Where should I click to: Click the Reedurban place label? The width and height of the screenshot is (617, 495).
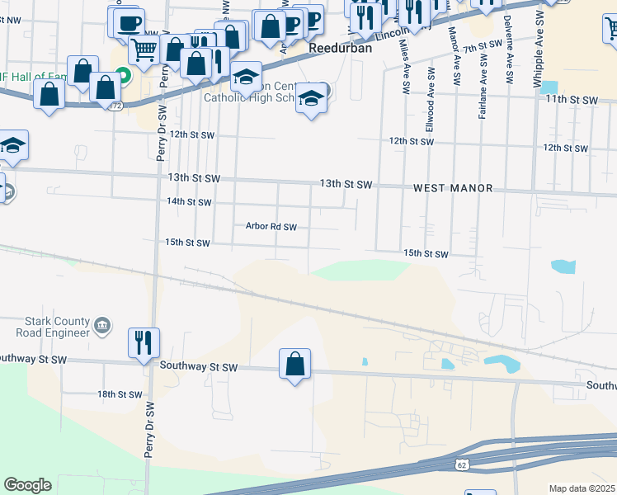tap(341, 49)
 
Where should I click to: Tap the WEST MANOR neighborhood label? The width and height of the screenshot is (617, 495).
tap(453, 189)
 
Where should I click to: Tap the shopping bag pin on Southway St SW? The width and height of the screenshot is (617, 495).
tap(295, 363)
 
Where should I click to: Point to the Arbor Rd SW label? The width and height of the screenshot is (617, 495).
tap(271, 226)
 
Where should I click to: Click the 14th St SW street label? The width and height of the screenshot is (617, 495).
tap(189, 202)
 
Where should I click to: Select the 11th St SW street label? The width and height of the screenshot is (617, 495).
tap(571, 100)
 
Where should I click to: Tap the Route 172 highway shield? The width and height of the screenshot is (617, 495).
tap(116, 106)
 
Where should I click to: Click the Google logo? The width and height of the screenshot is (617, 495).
tap(27, 485)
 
